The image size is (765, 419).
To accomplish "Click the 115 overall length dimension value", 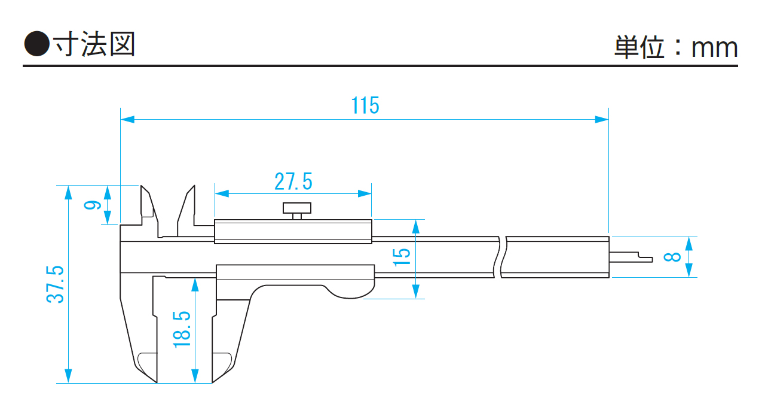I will (x=365, y=105).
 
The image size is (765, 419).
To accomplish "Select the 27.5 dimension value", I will (x=293, y=181).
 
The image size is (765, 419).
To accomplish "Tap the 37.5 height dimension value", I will (x=56, y=284).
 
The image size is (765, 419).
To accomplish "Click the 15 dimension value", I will (x=402, y=257).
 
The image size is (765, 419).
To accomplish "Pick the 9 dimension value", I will (x=91, y=205).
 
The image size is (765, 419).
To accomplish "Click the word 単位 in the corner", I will (x=639, y=47).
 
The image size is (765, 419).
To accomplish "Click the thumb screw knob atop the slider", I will (x=297, y=209).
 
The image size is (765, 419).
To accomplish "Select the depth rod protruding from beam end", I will (x=631, y=256).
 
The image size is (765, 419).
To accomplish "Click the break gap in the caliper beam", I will (x=501, y=256).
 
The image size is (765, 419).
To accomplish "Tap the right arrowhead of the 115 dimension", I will (x=603, y=120).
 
